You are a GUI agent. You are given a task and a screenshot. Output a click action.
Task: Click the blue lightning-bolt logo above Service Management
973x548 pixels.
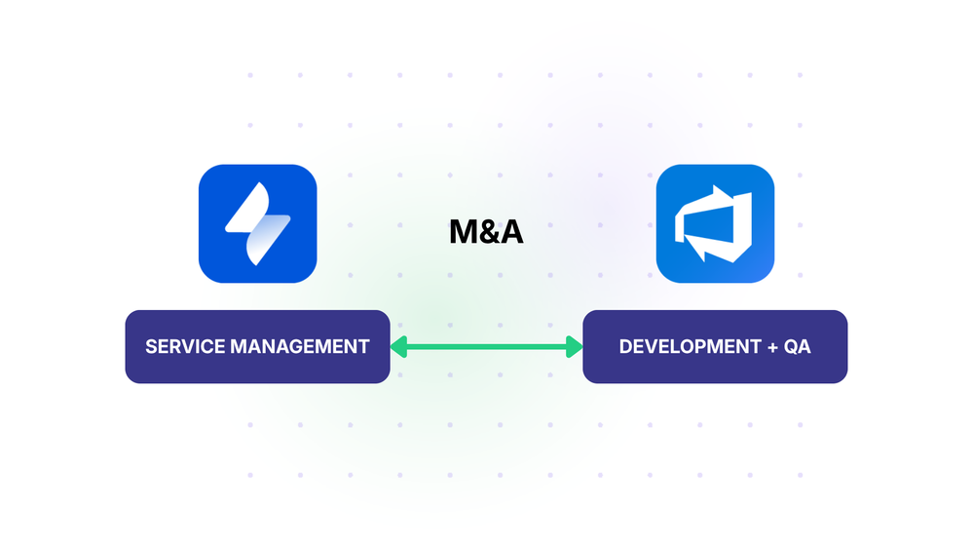tap(257, 223)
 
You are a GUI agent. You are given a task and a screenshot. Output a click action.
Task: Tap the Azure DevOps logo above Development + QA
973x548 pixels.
tap(715, 223)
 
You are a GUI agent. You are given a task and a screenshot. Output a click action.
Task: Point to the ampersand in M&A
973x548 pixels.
tap(487, 232)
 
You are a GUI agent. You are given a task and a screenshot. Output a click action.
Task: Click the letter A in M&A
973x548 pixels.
tap(510, 232)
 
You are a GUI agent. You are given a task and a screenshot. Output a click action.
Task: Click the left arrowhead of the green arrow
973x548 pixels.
tap(398, 346)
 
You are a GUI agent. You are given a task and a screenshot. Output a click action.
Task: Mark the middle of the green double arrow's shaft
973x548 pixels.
tap(486, 346)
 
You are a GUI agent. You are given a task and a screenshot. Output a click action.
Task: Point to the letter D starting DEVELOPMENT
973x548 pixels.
tap(625, 346)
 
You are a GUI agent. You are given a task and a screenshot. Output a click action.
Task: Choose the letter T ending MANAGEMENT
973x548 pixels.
tap(364, 346)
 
